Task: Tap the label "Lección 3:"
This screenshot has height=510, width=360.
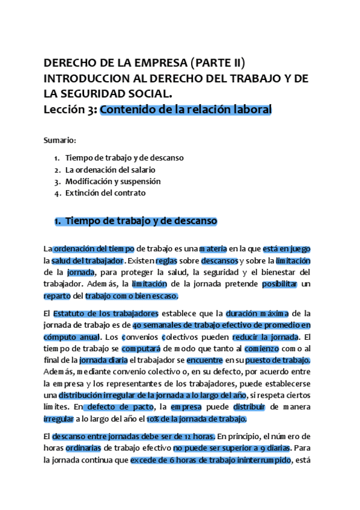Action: coord(70,109)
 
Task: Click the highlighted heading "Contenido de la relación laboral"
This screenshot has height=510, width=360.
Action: coord(186,109)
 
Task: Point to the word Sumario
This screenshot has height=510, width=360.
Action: coord(59,140)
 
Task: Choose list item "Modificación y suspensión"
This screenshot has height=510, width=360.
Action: coord(113,181)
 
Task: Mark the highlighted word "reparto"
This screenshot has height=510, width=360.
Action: coord(57,296)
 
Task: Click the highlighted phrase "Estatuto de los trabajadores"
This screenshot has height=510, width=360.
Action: coord(106,313)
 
